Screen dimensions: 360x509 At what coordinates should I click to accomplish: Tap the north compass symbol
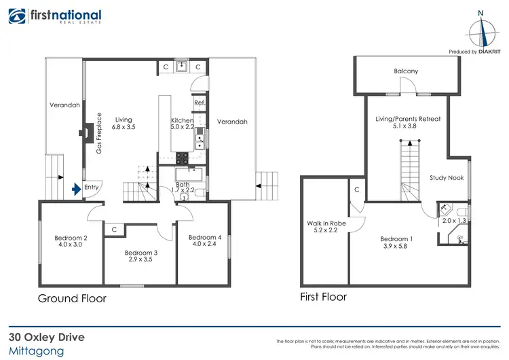point(480,31)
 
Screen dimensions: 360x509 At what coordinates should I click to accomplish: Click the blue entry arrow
point(75,187)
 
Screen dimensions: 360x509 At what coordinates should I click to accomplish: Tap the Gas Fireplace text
point(98,133)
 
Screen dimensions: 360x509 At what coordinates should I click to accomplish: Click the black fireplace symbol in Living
point(88,132)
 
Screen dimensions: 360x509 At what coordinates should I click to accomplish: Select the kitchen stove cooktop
point(183,158)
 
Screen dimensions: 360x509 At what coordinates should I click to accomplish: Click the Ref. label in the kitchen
point(199,103)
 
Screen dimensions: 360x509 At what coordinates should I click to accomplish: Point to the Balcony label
point(406,71)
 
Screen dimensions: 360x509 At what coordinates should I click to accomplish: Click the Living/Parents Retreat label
point(408,119)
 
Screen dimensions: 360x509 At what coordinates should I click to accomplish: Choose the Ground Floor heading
point(72,298)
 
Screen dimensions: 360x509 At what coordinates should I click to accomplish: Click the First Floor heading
point(324,297)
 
